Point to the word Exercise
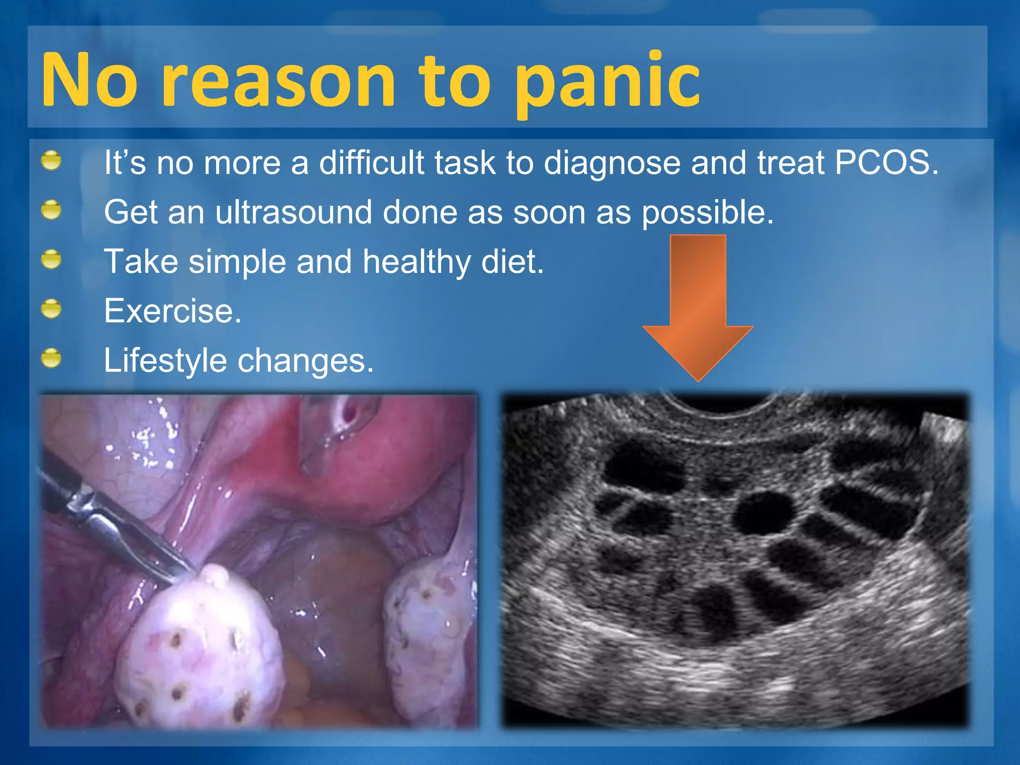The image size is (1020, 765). [172, 311]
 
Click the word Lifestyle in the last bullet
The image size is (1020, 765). [165, 361]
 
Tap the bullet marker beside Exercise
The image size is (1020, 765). [51, 309]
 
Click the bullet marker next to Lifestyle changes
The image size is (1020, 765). [51, 358]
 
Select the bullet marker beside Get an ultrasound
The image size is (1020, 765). [51, 210]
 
